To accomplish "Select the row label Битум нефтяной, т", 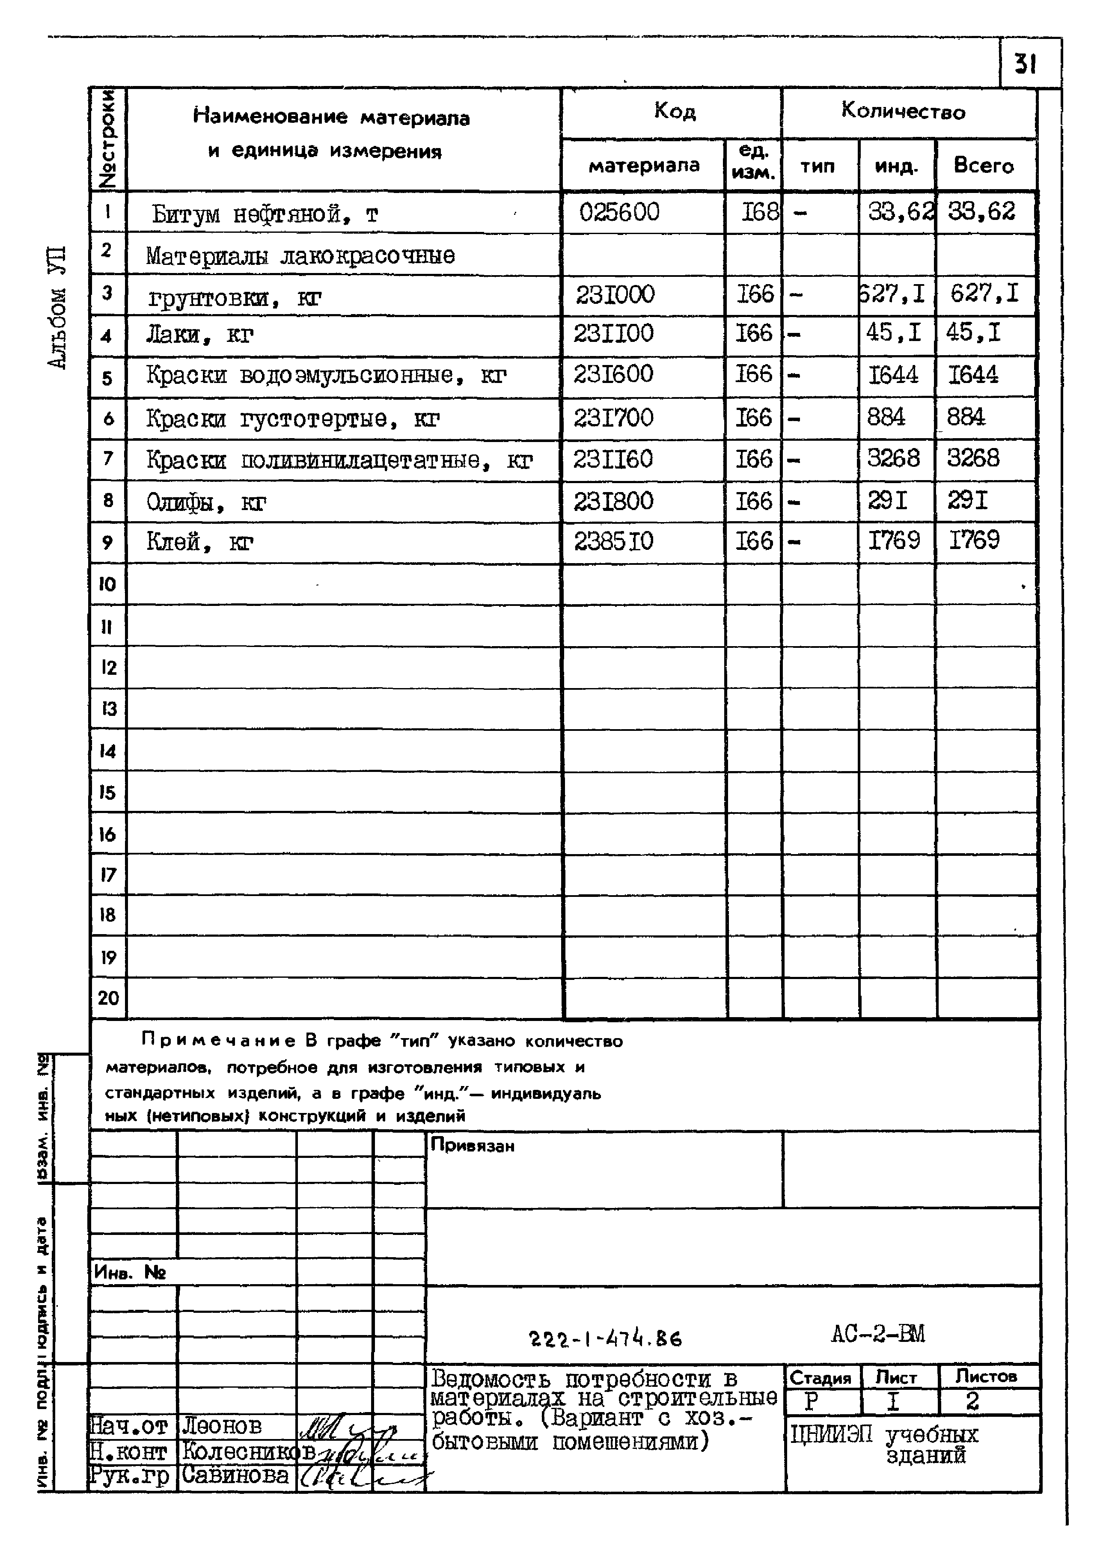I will pos(264,215).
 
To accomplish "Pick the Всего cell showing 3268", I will pos(972,458).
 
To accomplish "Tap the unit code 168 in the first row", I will pos(760,212).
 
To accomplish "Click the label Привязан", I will pos(472,1145).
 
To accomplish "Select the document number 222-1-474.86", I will pos(606,1338).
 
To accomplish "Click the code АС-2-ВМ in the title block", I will pos(877,1334).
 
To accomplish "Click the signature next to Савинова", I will pos(356,1477).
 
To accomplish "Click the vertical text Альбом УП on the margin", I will pos(58,308).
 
